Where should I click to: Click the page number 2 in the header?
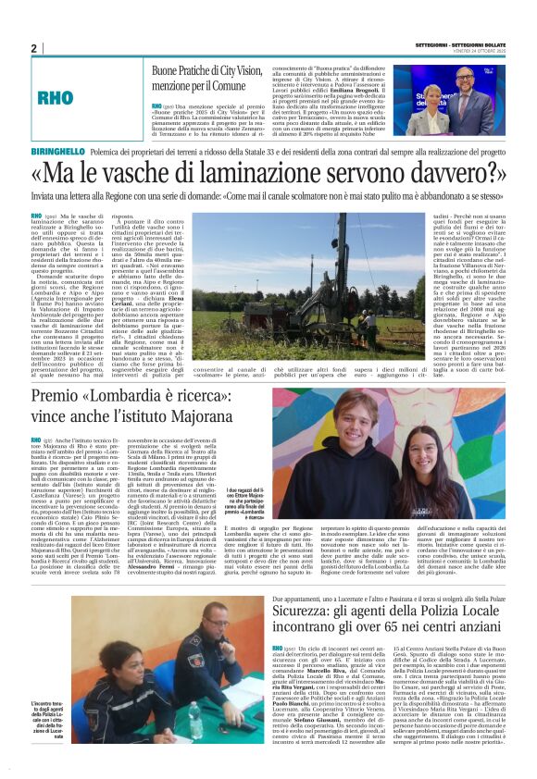click(x=33, y=48)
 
